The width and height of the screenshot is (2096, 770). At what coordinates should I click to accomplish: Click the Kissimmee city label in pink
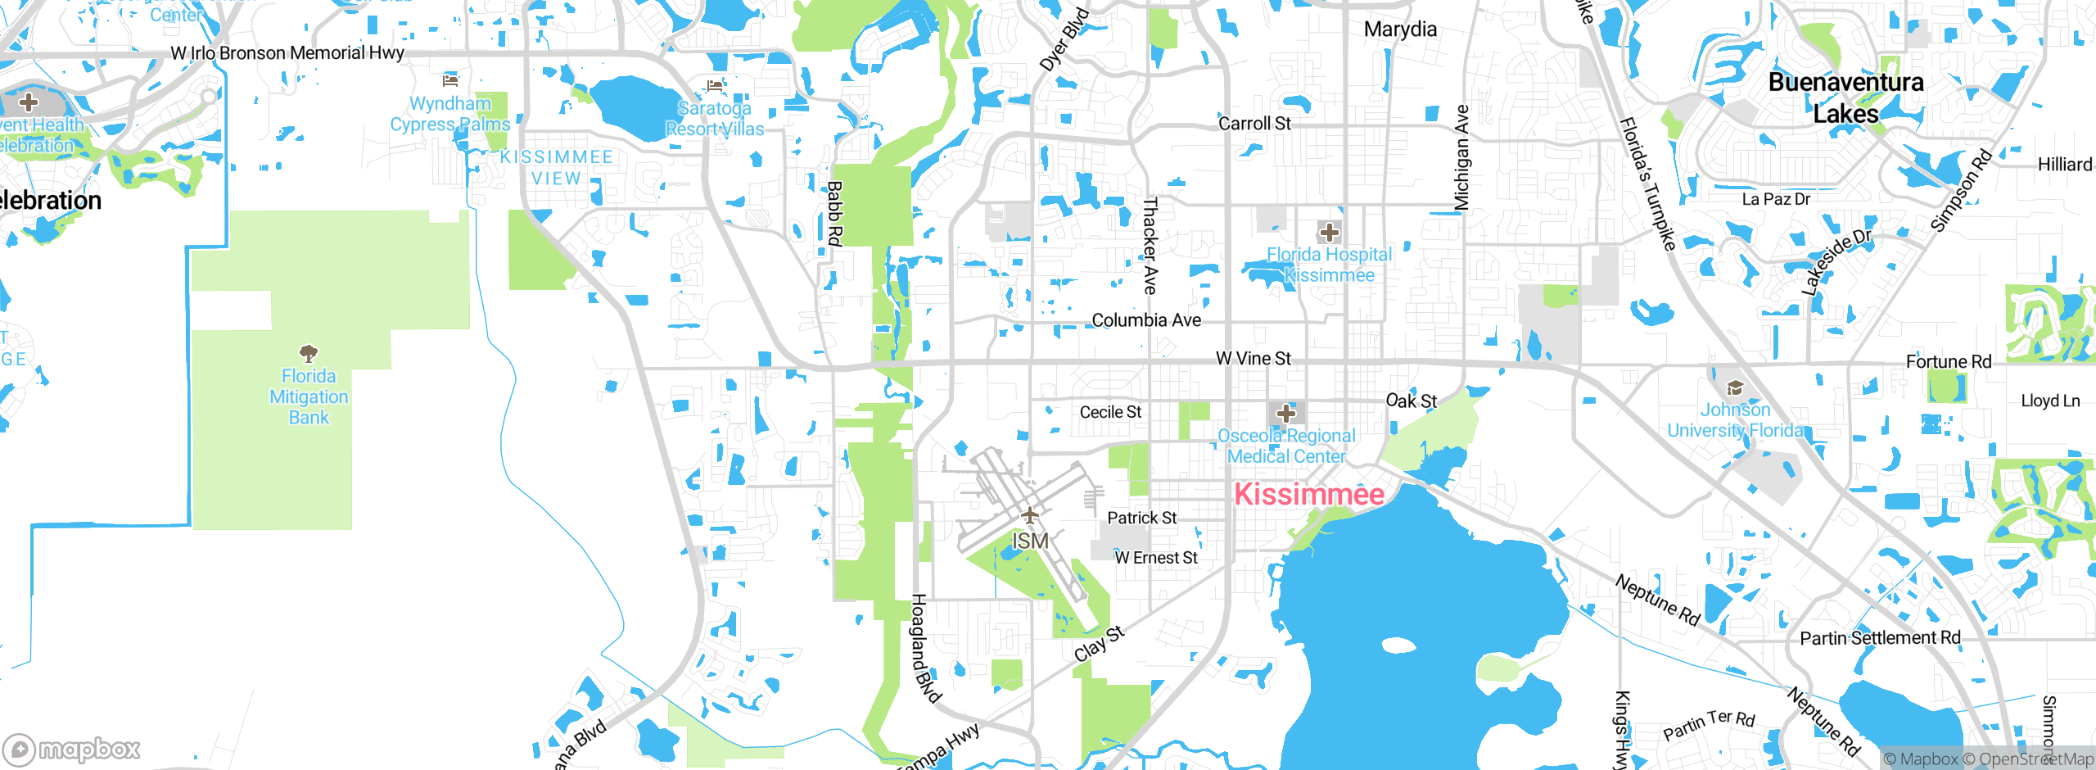[1308, 494]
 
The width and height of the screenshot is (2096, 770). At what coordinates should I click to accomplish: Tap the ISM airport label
[1029, 541]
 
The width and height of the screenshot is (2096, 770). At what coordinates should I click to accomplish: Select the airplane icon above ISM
[1029, 515]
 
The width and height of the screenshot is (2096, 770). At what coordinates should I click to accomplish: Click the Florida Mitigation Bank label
[309, 396]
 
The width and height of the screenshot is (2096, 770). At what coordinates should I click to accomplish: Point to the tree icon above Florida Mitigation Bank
[309, 354]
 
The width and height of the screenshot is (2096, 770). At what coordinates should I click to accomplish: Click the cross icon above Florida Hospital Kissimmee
[1329, 232]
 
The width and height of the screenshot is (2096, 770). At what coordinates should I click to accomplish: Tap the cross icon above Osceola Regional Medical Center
[1286, 413]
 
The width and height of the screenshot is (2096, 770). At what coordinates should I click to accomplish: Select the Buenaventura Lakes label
[1845, 97]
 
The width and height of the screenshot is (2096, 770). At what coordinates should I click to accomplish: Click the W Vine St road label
[1253, 359]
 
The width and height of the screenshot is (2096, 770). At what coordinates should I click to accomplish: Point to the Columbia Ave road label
[1146, 320]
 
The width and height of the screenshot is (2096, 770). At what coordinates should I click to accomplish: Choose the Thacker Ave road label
[1150, 245]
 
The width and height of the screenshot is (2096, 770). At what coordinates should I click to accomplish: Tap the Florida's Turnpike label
[1647, 183]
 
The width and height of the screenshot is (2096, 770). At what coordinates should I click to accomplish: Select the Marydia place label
[1400, 29]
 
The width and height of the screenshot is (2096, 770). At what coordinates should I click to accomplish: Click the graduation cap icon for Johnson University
[1734, 388]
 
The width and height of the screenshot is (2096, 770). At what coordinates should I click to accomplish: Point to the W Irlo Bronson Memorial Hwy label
[287, 53]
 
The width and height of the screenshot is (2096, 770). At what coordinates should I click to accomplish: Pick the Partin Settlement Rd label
[1880, 638]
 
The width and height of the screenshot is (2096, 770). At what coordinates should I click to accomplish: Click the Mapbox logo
[72, 749]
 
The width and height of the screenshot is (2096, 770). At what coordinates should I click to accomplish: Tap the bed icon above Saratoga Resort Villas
[715, 86]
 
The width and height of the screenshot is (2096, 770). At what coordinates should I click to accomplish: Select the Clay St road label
[1099, 643]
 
